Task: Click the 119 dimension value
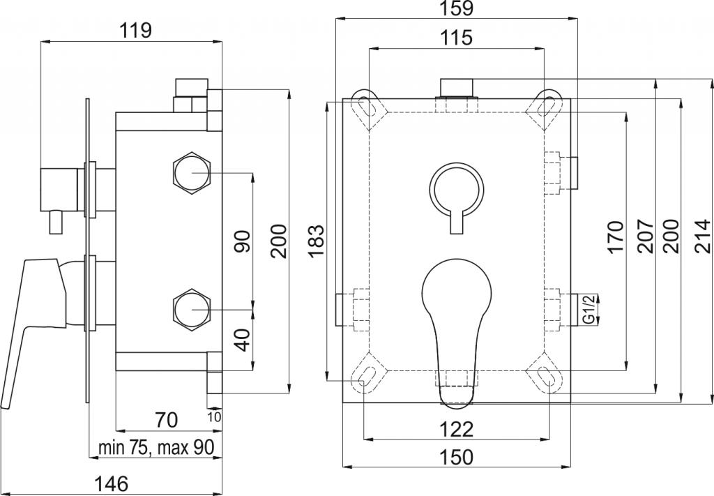[x=135, y=31]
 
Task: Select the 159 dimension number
[x=457, y=8]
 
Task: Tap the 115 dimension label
[x=457, y=38]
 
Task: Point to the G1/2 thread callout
[x=589, y=309]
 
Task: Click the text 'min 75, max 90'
[x=156, y=448]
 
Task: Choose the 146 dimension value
[x=112, y=483]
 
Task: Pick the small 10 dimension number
[x=215, y=416]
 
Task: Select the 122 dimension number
[x=457, y=429]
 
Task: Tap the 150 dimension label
[x=457, y=457]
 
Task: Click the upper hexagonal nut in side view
[x=192, y=173]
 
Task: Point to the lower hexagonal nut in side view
[x=192, y=310]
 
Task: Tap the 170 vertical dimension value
[x=615, y=236]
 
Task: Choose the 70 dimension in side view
[x=166, y=419]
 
